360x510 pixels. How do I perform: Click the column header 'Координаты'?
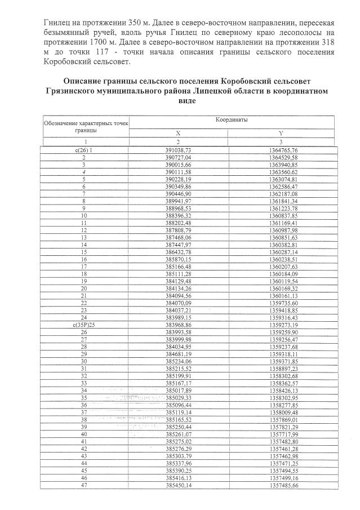(x=232, y=120)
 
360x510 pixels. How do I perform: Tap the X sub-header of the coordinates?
(x=179, y=133)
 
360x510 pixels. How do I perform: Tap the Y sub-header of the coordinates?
(x=280, y=133)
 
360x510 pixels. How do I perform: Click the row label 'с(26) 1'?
(x=83, y=151)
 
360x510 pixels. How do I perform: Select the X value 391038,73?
(x=179, y=151)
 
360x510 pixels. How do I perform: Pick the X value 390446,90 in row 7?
(x=179, y=194)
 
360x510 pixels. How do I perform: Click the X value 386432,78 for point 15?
(x=179, y=252)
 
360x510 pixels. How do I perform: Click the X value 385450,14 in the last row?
(x=179, y=485)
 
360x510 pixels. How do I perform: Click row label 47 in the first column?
(x=83, y=485)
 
